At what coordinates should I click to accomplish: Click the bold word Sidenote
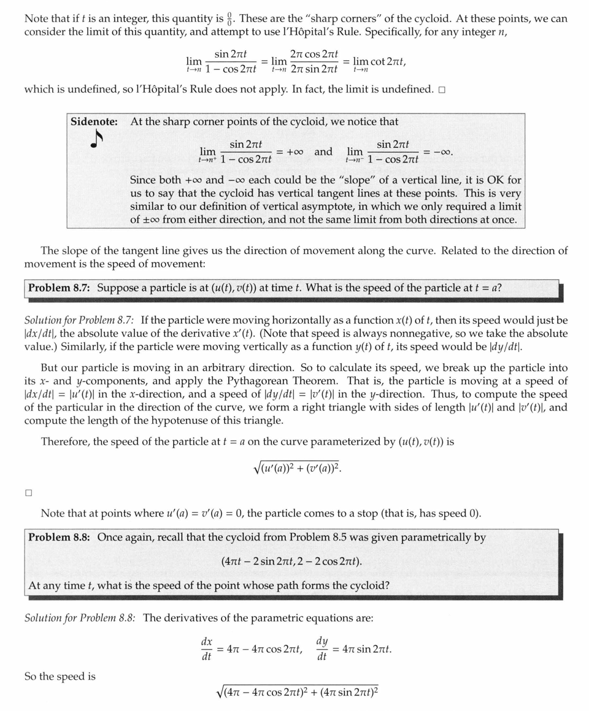click(x=94, y=121)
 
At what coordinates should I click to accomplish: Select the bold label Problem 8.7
click(x=60, y=288)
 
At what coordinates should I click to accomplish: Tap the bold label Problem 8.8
click(x=60, y=537)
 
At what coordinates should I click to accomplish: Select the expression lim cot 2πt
click(x=379, y=63)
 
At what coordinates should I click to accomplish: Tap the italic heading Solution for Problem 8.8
click(x=80, y=618)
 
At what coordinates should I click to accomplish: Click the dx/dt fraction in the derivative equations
click(x=207, y=649)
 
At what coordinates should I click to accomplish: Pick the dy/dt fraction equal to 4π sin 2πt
click(x=322, y=649)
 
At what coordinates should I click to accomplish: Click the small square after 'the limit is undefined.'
click(x=442, y=90)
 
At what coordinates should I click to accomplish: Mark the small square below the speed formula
click(x=28, y=492)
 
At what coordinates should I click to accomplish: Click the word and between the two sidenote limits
click(x=323, y=152)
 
